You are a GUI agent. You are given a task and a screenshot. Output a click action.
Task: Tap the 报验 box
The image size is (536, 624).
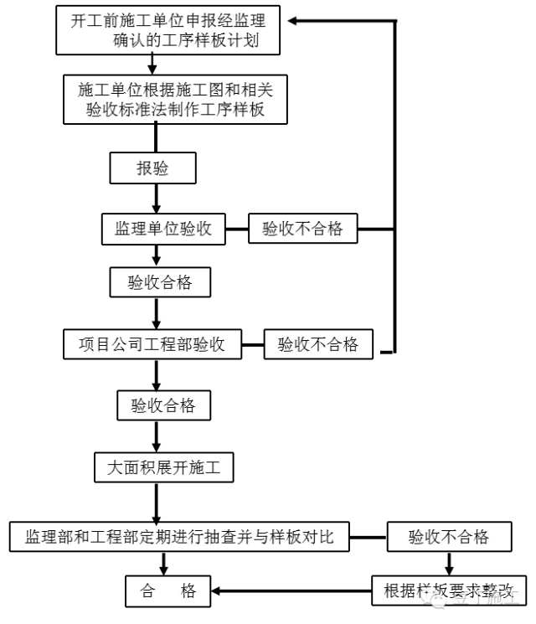[x=153, y=168]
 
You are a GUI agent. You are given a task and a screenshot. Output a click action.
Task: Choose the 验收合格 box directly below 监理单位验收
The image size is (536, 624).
[x=159, y=282]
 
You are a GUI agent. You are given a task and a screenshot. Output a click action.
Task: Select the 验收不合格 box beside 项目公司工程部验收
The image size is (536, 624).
[x=318, y=344]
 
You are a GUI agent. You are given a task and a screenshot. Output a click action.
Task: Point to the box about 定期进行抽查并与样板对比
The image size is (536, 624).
[x=179, y=537]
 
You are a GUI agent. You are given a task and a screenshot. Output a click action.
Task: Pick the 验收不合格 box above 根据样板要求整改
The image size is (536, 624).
[x=449, y=537]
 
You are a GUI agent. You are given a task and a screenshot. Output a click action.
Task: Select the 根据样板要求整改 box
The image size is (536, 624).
[x=449, y=590]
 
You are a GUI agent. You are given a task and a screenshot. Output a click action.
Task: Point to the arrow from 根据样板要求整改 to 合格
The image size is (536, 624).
[x=293, y=590]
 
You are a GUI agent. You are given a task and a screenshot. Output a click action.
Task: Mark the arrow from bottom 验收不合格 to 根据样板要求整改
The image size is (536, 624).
[x=449, y=563]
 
